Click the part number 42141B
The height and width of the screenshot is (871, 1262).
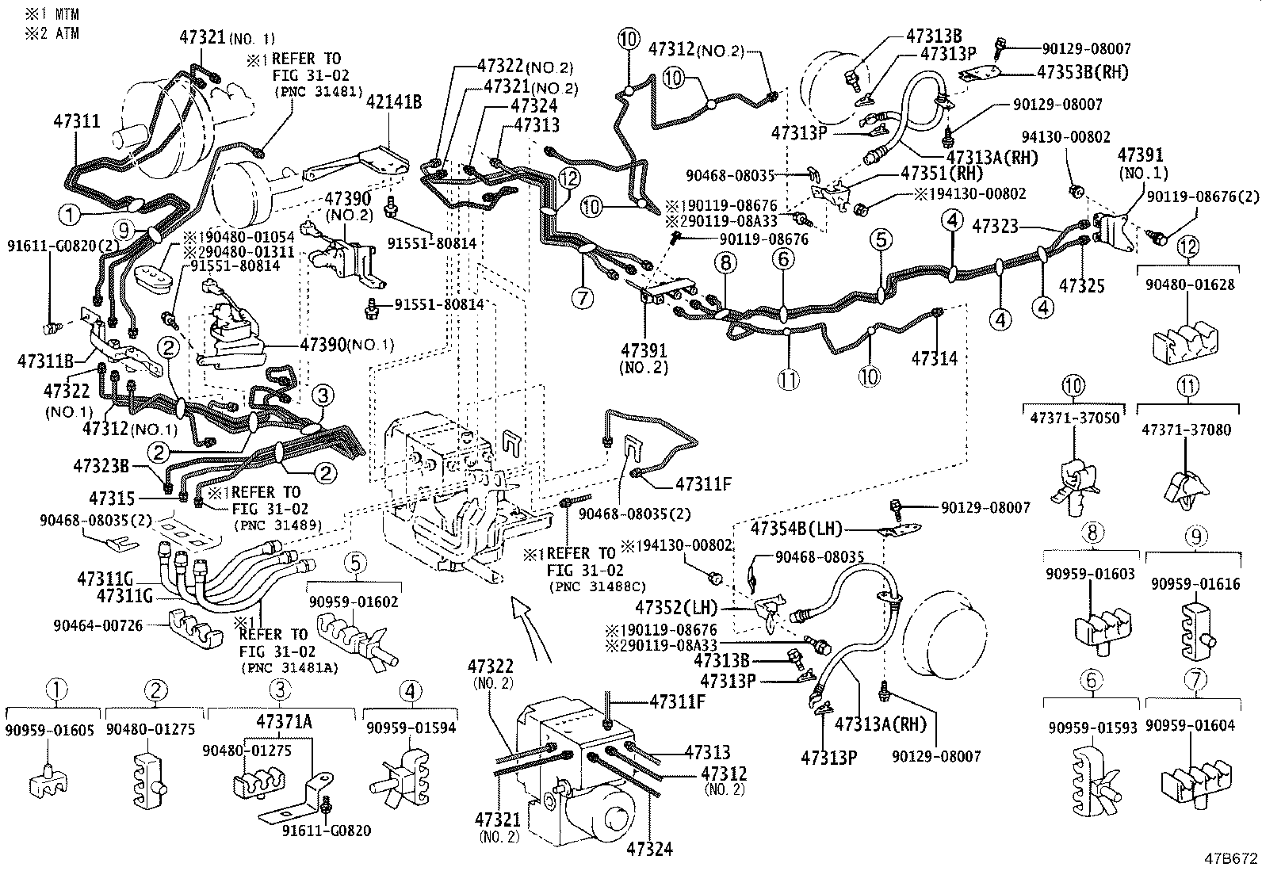(393, 101)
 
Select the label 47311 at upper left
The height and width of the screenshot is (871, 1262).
(77, 121)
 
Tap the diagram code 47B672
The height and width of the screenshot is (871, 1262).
(1229, 858)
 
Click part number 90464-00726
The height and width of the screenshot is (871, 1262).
(98, 625)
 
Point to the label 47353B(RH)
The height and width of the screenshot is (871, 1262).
(1082, 72)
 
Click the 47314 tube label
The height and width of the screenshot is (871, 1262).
(934, 358)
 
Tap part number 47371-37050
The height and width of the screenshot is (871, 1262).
(1072, 417)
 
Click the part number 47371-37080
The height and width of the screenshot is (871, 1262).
(1186, 429)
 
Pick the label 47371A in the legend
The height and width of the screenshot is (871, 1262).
(283, 722)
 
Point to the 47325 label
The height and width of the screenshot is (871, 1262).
(1082, 285)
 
